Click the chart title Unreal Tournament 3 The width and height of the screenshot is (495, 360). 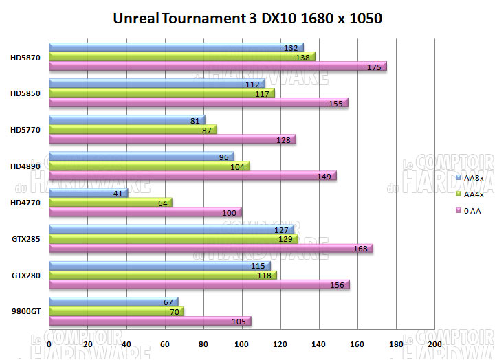pyautogui.click(x=247, y=18)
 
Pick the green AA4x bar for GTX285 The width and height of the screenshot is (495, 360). pyautogui.click(x=172, y=239)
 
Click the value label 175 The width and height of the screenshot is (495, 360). pyautogui.click(x=375, y=67)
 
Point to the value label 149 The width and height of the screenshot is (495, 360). pyautogui.click(x=324, y=176)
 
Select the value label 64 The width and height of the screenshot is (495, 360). pyautogui.click(x=162, y=203)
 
